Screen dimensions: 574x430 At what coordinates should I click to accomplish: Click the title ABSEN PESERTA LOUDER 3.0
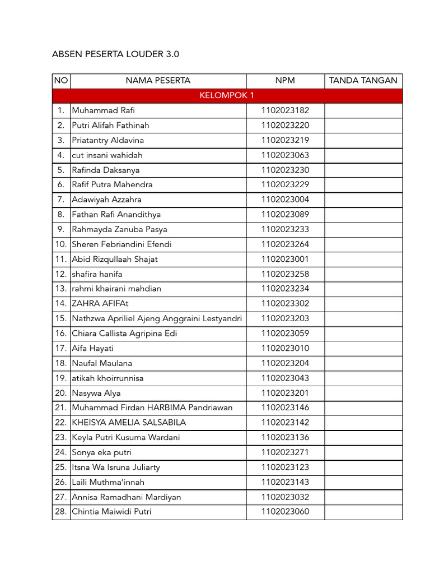pos(115,54)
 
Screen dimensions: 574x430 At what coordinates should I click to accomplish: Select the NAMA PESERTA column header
pos(158,81)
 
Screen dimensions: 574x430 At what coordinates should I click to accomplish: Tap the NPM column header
pos(285,81)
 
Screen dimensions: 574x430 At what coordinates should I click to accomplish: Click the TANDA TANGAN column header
pos(363,81)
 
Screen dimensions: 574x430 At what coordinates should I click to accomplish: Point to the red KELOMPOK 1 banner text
pos(227,96)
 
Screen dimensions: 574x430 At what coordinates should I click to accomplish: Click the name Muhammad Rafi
pos(103,110)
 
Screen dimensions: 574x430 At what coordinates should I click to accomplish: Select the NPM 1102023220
pos(285,125)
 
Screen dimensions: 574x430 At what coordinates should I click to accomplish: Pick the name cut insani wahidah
pos(107,155)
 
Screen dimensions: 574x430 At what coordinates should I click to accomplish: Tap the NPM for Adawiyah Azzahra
pos(285,200)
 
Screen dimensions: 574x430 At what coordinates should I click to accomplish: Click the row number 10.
pos(61,244)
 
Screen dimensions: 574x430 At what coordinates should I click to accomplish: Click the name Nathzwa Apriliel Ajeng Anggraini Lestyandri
pos(157,318)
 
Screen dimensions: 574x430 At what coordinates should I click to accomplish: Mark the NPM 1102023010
pos(285,348)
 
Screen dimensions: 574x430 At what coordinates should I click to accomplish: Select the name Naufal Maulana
pos(102,363)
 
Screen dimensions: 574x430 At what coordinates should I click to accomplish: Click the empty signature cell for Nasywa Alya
pos(363,393)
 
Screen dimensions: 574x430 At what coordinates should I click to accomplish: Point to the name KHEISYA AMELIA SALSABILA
pos(129,423)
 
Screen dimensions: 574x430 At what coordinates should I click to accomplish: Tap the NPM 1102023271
pos(285,452)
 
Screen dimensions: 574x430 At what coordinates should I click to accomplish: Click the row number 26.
pos(61,482)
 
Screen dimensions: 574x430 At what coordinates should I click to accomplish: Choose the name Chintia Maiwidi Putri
pos(111,512)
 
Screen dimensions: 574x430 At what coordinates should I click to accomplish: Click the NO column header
pos(61,81)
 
